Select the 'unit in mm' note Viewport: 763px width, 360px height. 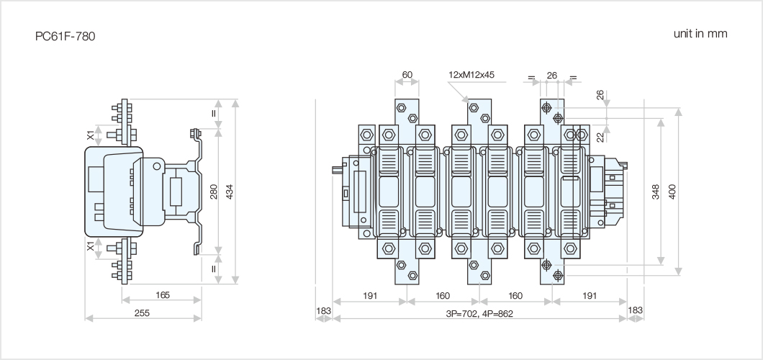point(700,34)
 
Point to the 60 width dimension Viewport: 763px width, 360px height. point(407,75)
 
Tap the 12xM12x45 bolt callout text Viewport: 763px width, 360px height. point(471,75)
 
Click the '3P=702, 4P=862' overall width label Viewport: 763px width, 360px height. point(479,313)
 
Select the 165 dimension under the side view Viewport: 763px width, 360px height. point(163,295)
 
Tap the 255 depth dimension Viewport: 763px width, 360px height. point(143,313)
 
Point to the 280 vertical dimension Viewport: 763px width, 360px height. point(214,192)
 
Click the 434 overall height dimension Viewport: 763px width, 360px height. point(230,192)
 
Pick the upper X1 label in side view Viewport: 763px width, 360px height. point(91,135)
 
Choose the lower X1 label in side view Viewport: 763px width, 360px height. point(91,247)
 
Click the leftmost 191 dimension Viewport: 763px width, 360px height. point(369,295)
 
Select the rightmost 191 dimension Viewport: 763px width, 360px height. point(589,295)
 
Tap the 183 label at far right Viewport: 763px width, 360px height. point(636,310)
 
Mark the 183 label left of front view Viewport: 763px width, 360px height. point(323,310)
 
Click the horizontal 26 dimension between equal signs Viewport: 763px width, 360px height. point(552,75)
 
